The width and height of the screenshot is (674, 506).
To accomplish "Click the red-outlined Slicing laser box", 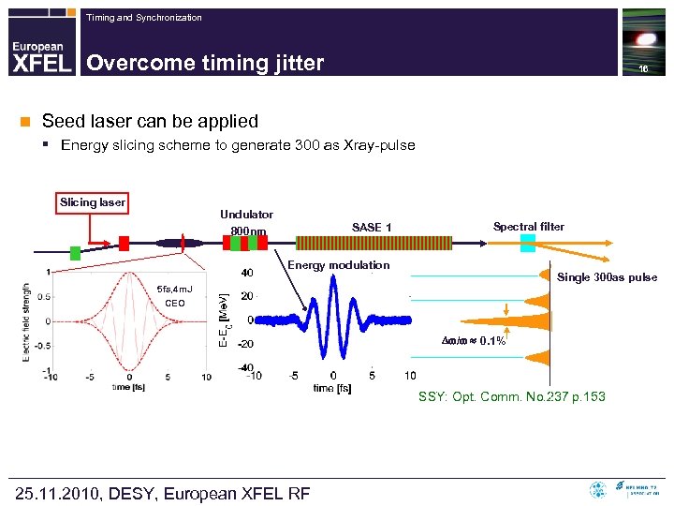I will click(93, 202).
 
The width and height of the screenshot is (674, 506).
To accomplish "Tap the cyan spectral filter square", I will click(527, 244).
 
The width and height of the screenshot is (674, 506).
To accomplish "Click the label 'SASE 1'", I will click(372, 228).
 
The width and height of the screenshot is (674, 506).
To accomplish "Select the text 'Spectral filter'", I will click(529, 226).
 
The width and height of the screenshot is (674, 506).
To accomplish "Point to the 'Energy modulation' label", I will click(338, 265).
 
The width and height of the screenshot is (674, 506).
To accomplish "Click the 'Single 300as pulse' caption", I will click(607, 277).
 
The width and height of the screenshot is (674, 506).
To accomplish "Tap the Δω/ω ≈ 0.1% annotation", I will click(473, 340).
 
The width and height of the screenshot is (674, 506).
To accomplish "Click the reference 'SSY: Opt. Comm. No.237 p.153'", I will click(511, 397).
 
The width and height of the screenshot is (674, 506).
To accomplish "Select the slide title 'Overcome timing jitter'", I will click(205, 63).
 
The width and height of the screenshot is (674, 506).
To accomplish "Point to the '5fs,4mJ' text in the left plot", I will click(175, 289).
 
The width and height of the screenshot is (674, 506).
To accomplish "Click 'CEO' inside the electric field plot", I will click(175, 304).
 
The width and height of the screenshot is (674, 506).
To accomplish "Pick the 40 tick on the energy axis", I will click(247, 274).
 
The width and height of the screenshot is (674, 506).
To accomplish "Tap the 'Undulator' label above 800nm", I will click(246, 215).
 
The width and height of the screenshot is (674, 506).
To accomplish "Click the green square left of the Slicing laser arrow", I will click(75, 253).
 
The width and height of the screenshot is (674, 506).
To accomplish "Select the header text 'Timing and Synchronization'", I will click(143, 18).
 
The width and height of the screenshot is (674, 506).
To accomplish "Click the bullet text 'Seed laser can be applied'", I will click(150, 121).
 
